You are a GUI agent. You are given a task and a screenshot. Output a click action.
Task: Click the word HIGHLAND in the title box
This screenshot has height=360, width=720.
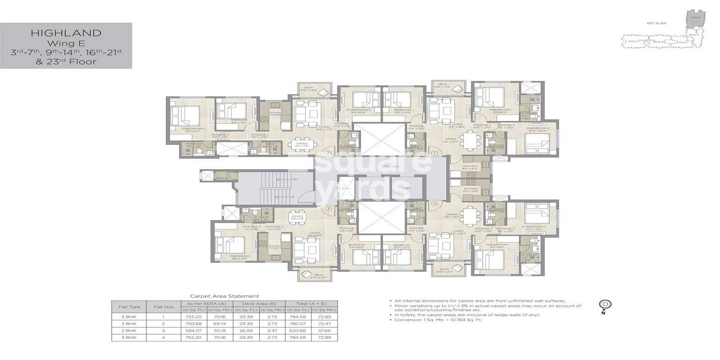[66, 33]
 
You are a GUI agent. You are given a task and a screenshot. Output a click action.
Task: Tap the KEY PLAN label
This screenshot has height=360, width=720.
[657, 23]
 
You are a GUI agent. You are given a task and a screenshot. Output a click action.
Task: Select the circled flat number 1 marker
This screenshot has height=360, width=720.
[434, 153]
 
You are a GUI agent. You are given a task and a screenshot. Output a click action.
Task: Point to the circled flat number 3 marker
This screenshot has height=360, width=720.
[328, 209]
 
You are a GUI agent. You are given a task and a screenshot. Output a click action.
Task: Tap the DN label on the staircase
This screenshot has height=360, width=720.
[295, 179]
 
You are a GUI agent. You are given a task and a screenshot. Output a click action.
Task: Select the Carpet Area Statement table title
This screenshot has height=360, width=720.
[224, 296]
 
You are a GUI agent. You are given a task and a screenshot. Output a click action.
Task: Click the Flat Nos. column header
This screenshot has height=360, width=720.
[164, 307]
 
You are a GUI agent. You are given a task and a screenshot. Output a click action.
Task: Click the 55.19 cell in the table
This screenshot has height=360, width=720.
[220, 331]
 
